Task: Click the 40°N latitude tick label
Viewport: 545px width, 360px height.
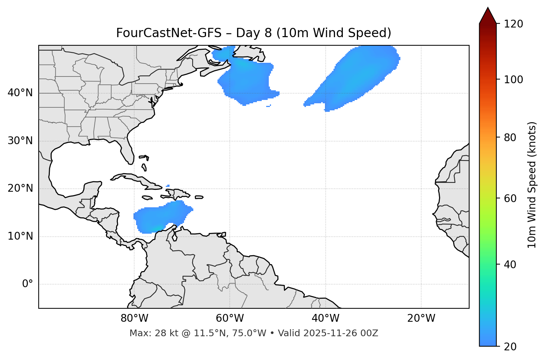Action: click(x=20, y=93)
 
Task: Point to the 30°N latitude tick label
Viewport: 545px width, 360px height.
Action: click(x=20, y=141)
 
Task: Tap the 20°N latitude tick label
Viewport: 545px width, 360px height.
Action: click(x=20, y=188)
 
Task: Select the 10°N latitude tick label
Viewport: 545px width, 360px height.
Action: click(x=20, y=236)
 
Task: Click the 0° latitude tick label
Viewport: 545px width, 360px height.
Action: click(x=28, y=284)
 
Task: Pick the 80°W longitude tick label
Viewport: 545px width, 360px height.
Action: click(x=134, y=318)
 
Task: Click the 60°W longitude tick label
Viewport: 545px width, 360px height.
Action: click(x=230, y=318)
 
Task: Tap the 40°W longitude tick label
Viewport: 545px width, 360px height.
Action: click(x=325, y=318)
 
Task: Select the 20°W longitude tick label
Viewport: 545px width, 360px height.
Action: click(x=421, y=318)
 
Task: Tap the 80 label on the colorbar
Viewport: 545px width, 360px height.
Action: click(x=512, y=137)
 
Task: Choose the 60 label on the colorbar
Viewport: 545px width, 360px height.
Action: click(x=512, y=198)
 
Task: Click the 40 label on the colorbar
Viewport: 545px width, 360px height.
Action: click(x=512, y=265)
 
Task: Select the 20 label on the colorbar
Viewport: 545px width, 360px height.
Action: click(x=512, y=347)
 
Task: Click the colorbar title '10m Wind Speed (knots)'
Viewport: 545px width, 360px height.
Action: click(x=532, y=185)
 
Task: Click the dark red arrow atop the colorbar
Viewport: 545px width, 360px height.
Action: click(x=488, y=16)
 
